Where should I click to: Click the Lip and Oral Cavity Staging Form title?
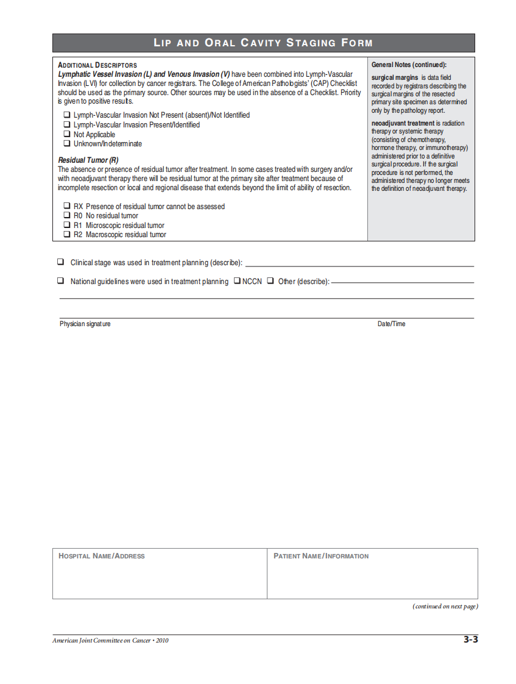click(263, 43)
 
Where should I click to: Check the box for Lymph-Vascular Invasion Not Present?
click(67, 115)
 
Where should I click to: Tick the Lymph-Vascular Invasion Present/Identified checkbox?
click(67, 124)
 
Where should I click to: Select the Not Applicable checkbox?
click(67, 134)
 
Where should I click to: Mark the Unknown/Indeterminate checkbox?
click(67, 143)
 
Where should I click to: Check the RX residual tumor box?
click(67, 206)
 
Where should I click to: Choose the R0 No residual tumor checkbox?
click(67, 215)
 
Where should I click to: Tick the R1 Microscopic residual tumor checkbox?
click(67, 225)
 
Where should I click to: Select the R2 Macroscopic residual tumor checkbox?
click(67, 234)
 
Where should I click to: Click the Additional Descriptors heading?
click(97, 65)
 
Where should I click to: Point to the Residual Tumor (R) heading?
click(88, 160)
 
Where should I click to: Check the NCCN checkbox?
click(237, 281)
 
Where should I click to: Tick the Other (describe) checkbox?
click(270, 281)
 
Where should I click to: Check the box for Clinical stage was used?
click(61, 262)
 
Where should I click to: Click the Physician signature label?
click(85, 324)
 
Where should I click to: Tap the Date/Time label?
click(391, 324)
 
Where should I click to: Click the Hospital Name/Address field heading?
click(102, 556)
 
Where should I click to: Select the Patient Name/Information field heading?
click(321, 556)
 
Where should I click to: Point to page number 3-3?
click(470, 639)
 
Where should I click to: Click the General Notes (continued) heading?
click(409, 65)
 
